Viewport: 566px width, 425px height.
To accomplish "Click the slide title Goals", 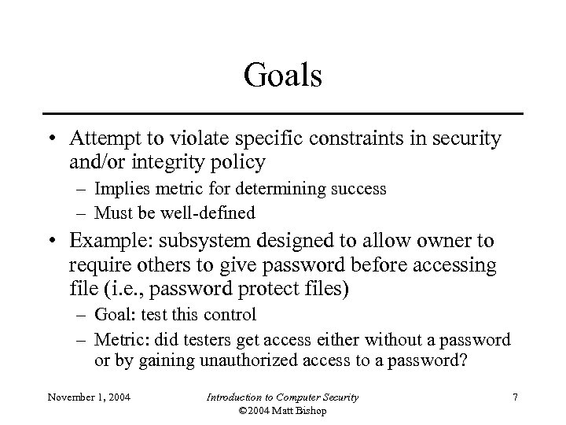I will coord(283,76).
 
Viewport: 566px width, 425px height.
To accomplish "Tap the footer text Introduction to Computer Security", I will coord(282,397).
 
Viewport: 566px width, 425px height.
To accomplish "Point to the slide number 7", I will coord(514,397).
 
